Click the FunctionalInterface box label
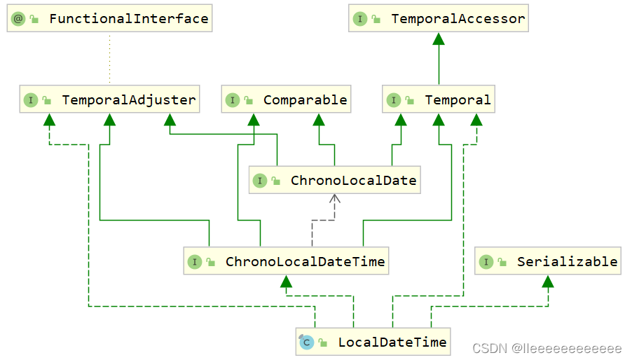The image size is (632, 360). [128, 19]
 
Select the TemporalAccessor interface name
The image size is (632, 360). [458, 19]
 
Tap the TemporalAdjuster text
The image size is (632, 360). [128, 100]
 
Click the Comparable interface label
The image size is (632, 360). [305, 100]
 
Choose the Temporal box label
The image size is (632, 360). [458, 100]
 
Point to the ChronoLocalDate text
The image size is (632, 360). [353, 181]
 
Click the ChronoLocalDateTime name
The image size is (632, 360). [305, 262]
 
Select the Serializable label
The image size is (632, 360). [567, 262]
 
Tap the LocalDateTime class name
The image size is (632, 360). [392, 342]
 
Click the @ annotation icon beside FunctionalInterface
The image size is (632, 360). [18, 19]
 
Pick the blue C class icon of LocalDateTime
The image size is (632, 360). [306, 342]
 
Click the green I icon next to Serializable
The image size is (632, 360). [486, 262]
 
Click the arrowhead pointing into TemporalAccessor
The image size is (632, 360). [439, 39]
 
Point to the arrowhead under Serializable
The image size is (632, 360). [548, 282]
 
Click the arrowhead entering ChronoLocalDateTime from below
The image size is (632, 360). [285, 282]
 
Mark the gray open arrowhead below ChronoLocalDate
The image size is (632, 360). [335, 200]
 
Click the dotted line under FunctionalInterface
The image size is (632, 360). [109, 59]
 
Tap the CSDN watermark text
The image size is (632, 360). [547, 348]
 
